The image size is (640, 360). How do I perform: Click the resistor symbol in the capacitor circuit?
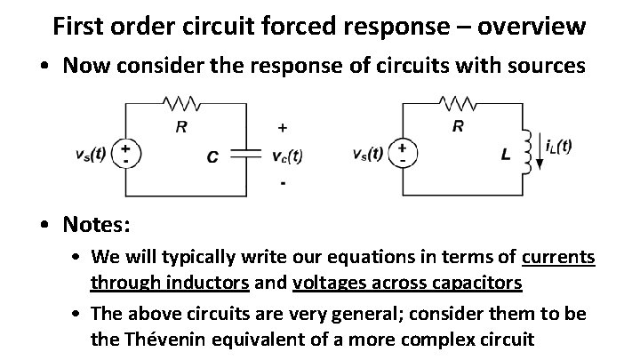[x=181, y=104]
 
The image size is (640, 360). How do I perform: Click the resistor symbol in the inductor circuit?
[x=459, y=104]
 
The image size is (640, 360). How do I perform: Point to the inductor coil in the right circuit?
[x=528, y=150]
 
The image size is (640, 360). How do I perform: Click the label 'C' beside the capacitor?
[x=212, y=157]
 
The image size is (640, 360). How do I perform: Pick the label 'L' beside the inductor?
[x=506, y=156]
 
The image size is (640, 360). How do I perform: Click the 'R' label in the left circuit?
[x=181, y=126]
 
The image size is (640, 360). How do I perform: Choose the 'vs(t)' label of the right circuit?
[x=367, y=154]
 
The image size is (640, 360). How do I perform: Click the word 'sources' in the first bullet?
[x=544, y=66]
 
